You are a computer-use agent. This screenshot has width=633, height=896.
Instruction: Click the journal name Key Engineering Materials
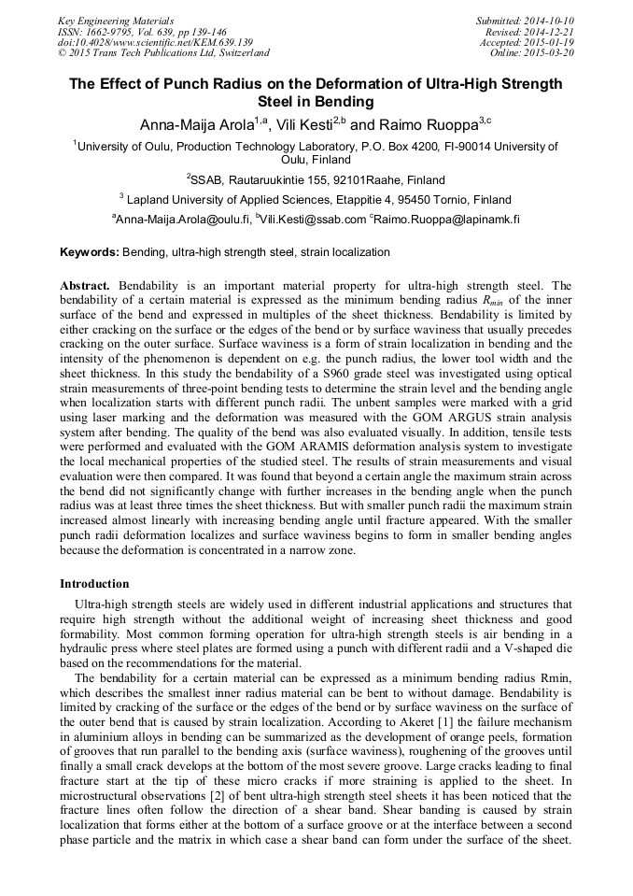point(116,20)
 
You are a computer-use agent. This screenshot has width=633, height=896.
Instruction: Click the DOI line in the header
point(155,42)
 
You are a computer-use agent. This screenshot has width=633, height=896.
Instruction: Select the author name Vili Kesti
point(306,124)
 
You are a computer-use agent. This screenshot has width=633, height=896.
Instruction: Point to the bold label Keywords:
point(90,252)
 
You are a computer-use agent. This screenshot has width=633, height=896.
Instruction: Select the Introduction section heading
point(94,584)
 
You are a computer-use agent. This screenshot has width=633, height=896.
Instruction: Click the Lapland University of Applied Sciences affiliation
point(316,199)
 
